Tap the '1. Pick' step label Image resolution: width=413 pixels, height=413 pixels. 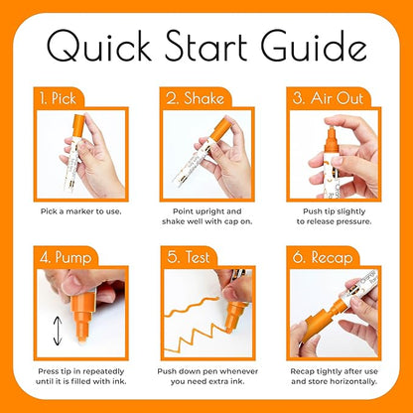57,99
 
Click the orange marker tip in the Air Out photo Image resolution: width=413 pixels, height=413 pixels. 321,130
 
